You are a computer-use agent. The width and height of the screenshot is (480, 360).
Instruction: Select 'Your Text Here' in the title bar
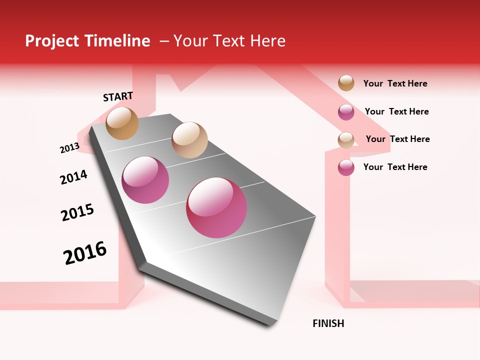point(229,41)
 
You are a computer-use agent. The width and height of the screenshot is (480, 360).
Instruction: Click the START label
point(118,96)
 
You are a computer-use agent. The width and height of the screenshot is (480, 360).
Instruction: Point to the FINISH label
point(328,323)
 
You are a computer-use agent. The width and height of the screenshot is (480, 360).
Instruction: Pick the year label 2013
point(69,147)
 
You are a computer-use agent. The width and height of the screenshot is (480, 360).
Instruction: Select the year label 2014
point(73,177)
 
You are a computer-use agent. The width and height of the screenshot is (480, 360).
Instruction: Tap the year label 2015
point(77,212)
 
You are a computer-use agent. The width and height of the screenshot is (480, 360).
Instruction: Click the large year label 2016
point(85,253)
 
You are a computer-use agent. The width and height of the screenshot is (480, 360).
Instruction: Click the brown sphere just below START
point(122,123)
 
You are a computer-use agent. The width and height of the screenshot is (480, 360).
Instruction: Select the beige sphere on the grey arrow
point(189,140)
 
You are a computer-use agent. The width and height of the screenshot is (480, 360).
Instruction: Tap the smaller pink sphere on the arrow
point(145,180)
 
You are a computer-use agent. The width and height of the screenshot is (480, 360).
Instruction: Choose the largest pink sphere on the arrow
point(216,207)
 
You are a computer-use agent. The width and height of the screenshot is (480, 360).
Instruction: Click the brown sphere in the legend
point(346,83)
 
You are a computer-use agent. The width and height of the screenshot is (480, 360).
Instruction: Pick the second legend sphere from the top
point(346,112)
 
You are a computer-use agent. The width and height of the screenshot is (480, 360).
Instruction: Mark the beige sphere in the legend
point(346,140)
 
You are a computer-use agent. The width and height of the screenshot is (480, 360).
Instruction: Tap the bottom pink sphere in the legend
point(346,167)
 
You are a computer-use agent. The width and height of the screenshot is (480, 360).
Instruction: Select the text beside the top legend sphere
point(395,84)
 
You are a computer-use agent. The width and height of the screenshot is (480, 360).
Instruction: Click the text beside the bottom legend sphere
point(395,167)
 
